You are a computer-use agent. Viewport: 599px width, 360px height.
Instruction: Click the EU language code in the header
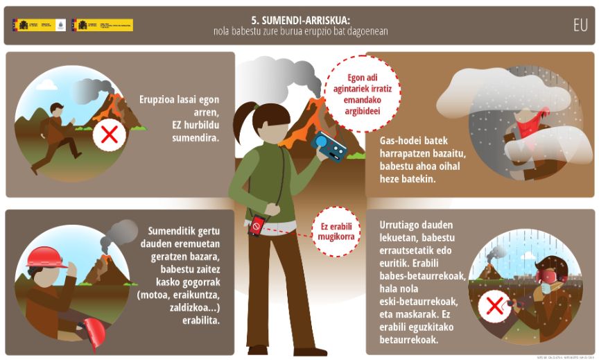click(580, 25)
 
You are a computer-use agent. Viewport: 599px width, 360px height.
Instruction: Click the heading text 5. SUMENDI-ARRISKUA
click(300, 20)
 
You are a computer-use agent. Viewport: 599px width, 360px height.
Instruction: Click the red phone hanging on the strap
click(257, 225)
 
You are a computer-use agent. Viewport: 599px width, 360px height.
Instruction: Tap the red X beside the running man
click(108, 134)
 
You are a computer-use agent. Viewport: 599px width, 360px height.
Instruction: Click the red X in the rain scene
click(493, 305)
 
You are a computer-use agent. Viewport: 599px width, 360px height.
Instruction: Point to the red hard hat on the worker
click(44, 257)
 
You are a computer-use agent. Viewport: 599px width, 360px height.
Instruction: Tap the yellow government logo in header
click(104, 25)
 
